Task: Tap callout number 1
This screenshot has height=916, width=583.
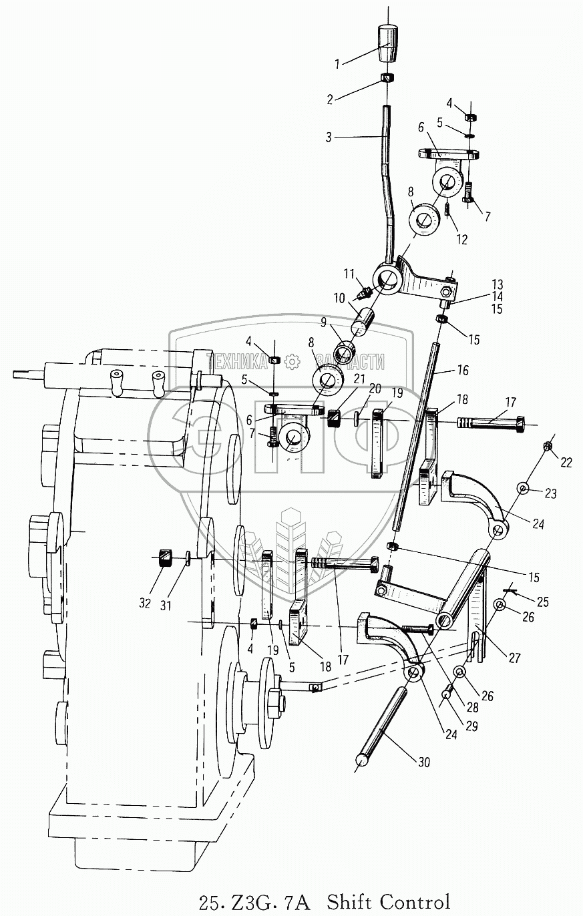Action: click(x=338, y=64)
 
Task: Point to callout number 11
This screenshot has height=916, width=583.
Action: click(x=348, y=274)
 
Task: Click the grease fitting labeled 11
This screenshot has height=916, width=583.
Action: click(x=365, y=292)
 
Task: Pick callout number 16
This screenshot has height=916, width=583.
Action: click(x=463, y=370)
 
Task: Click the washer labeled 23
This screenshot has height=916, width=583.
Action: click(x=523, y=490)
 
